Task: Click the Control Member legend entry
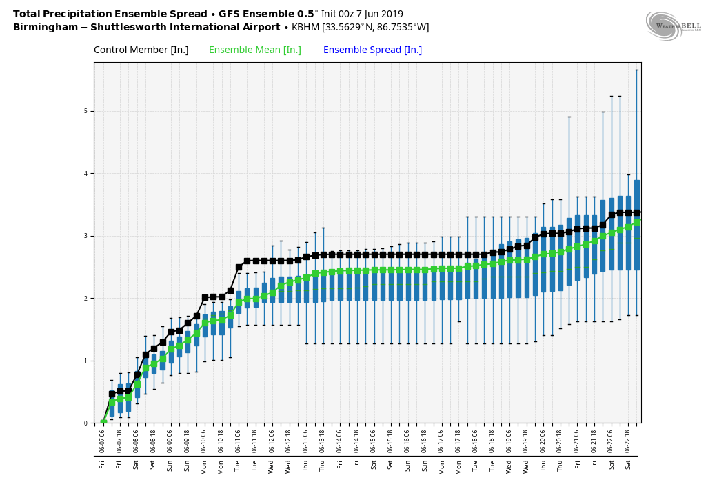(x=141, y=50)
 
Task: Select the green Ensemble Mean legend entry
(x=254, y=50)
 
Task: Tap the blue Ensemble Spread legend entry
(x=372, y=50)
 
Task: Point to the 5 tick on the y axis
(x=86, y=111)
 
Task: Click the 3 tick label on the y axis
(x=86, y=236)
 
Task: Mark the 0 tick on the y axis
(x=86, y=423)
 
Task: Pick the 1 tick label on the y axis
(x=86, y=361)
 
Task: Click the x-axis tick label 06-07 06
(x=103, y=439)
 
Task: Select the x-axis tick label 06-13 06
(x=306, y=439)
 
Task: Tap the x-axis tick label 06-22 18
(x=628, y=439)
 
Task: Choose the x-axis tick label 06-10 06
(x=204, y=439)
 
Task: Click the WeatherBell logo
(x=666, y=26)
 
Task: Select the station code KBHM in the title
(x=306, y=28)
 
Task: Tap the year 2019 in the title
(x=390, y=14)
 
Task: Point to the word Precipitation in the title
(x=79, y=14)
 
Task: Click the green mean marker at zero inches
(x=103, y=423)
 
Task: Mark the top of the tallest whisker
(x=636, y=70)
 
